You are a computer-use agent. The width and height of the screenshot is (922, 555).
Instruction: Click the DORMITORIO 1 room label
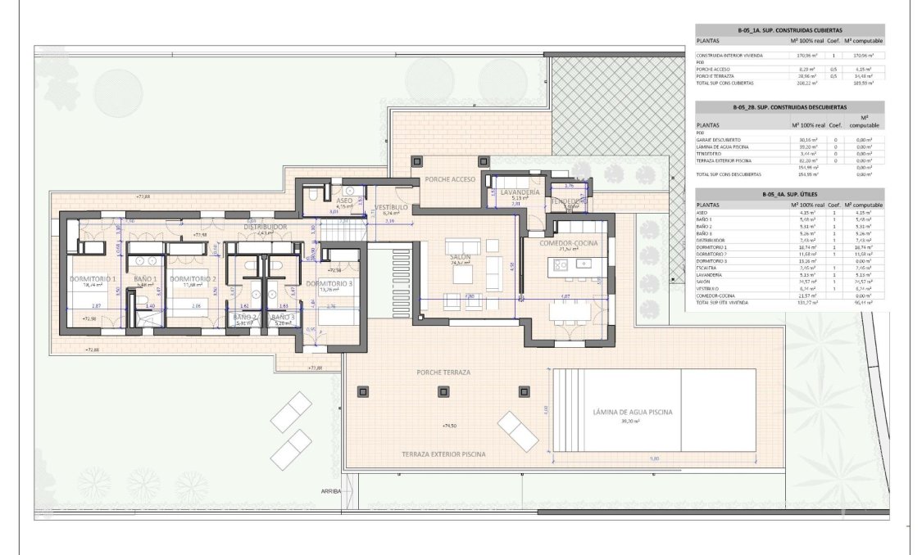93,279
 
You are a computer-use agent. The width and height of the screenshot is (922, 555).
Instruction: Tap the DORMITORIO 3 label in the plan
329,283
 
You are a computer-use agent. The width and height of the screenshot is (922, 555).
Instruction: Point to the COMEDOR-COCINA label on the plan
568,244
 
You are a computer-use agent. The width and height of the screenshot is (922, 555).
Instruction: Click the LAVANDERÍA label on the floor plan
513,192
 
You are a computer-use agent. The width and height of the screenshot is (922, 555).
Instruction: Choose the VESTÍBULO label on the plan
391,208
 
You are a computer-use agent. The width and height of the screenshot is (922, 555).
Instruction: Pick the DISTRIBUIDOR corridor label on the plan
266,227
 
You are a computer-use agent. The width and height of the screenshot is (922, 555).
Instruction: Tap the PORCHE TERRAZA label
443,372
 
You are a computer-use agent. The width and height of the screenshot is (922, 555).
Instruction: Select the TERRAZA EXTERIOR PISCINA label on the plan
443,453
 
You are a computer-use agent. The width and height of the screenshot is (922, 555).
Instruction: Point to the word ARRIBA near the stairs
332,492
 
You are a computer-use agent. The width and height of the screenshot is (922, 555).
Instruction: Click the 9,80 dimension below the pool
654,458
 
